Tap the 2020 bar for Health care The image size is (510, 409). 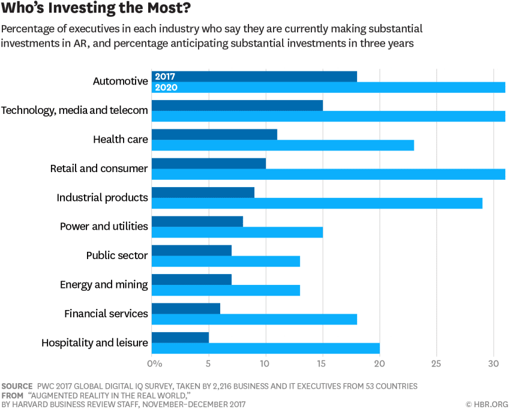283,145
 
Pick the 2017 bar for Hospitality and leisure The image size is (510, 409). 180,338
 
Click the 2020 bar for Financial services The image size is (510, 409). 254,319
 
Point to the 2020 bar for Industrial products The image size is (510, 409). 317,203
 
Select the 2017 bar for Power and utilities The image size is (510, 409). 197,221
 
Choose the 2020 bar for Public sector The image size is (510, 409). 226,261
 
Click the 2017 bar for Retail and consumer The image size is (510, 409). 209,163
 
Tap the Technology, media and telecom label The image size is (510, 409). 74,110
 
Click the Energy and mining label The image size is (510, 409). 104,284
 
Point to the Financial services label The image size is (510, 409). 106,314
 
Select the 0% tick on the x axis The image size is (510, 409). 154,363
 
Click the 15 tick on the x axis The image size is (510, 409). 322,363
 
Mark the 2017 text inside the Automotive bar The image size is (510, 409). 165,77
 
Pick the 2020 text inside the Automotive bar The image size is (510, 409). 166,88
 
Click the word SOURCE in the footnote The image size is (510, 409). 17,386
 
